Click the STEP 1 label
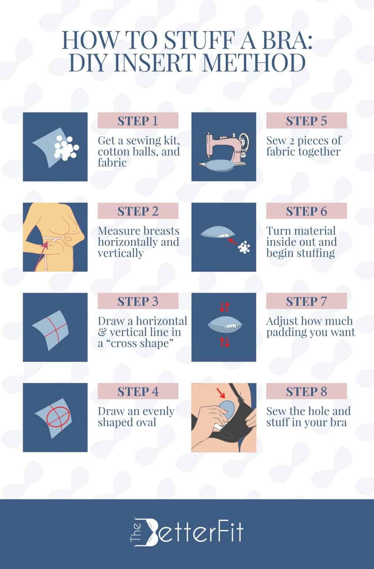tap(138, 121)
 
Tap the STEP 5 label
tap(306, 121)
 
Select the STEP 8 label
tap(306, 391)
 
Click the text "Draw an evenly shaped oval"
tap(136, 417)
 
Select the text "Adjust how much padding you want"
tap(310, 327)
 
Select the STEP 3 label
tap(138, 301)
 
